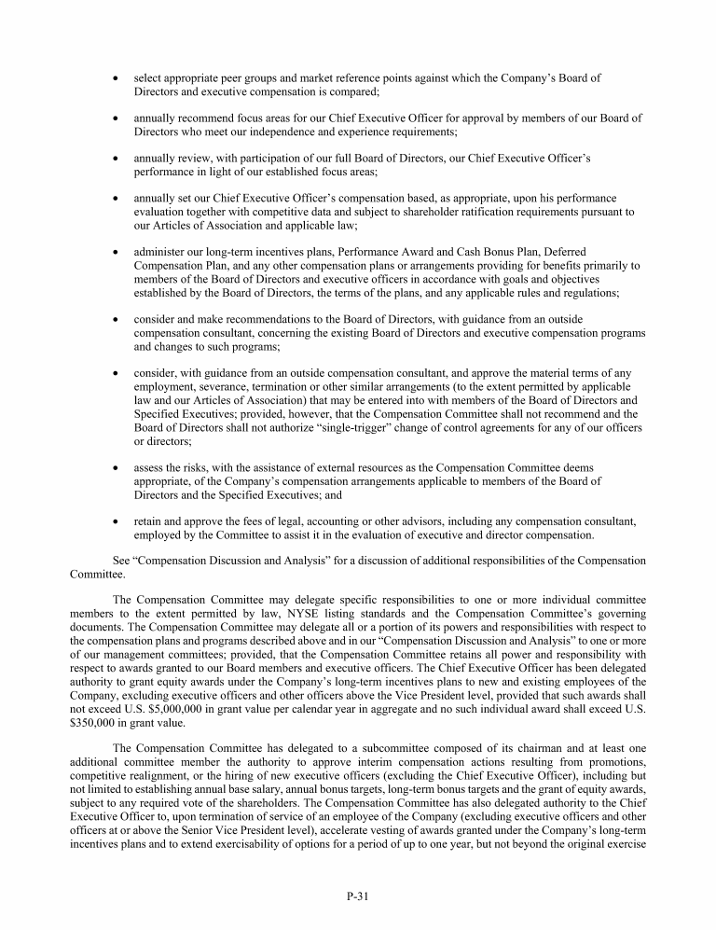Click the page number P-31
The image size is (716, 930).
point(358,896)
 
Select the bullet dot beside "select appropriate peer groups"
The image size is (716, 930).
point(115,78)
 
